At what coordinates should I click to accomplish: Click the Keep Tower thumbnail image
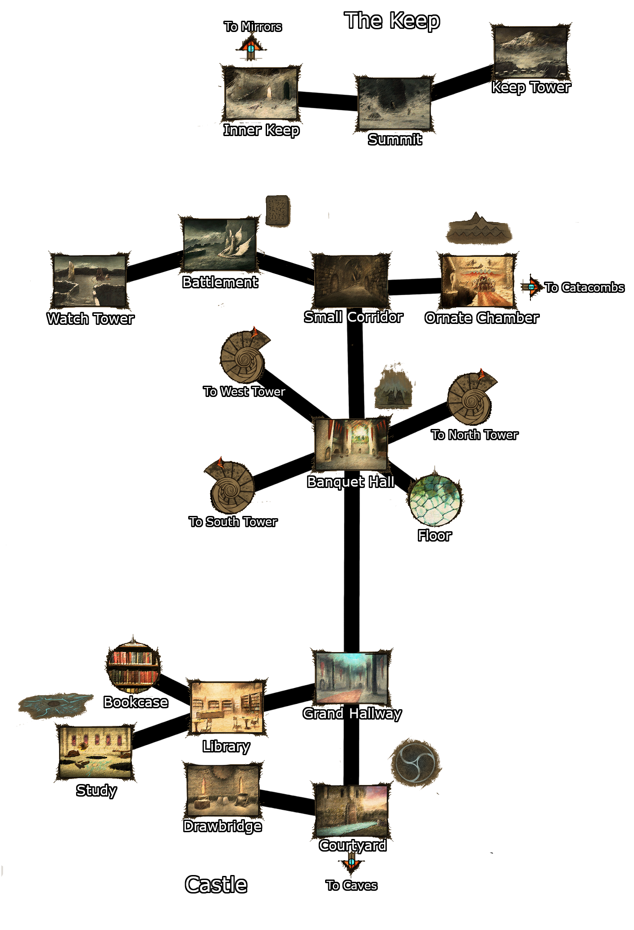tap(530, 52)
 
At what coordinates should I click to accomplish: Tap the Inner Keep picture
tap(261, 93)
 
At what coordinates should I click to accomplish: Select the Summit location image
tap(394, 104)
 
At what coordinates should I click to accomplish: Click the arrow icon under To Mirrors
tap(251, 47)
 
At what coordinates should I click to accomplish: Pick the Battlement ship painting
tap(220, 245)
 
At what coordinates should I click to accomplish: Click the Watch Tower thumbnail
tap(90, 282)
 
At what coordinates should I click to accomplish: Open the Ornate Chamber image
tap(477, 281)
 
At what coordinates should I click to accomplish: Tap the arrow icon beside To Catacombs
tap(531, 287)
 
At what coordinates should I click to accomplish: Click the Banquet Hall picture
tap(351, 444)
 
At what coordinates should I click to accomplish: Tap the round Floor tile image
tap(435, 501)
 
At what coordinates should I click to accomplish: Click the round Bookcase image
tap(133, 667)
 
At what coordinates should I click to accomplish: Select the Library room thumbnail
tap(227, 707)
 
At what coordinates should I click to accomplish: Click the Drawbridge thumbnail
tap(223, 791)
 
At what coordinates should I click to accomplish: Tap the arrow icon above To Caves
tap(351, 862)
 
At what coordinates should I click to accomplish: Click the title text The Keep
tap(392, 21)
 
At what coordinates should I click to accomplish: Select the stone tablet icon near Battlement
tap(277, 210)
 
